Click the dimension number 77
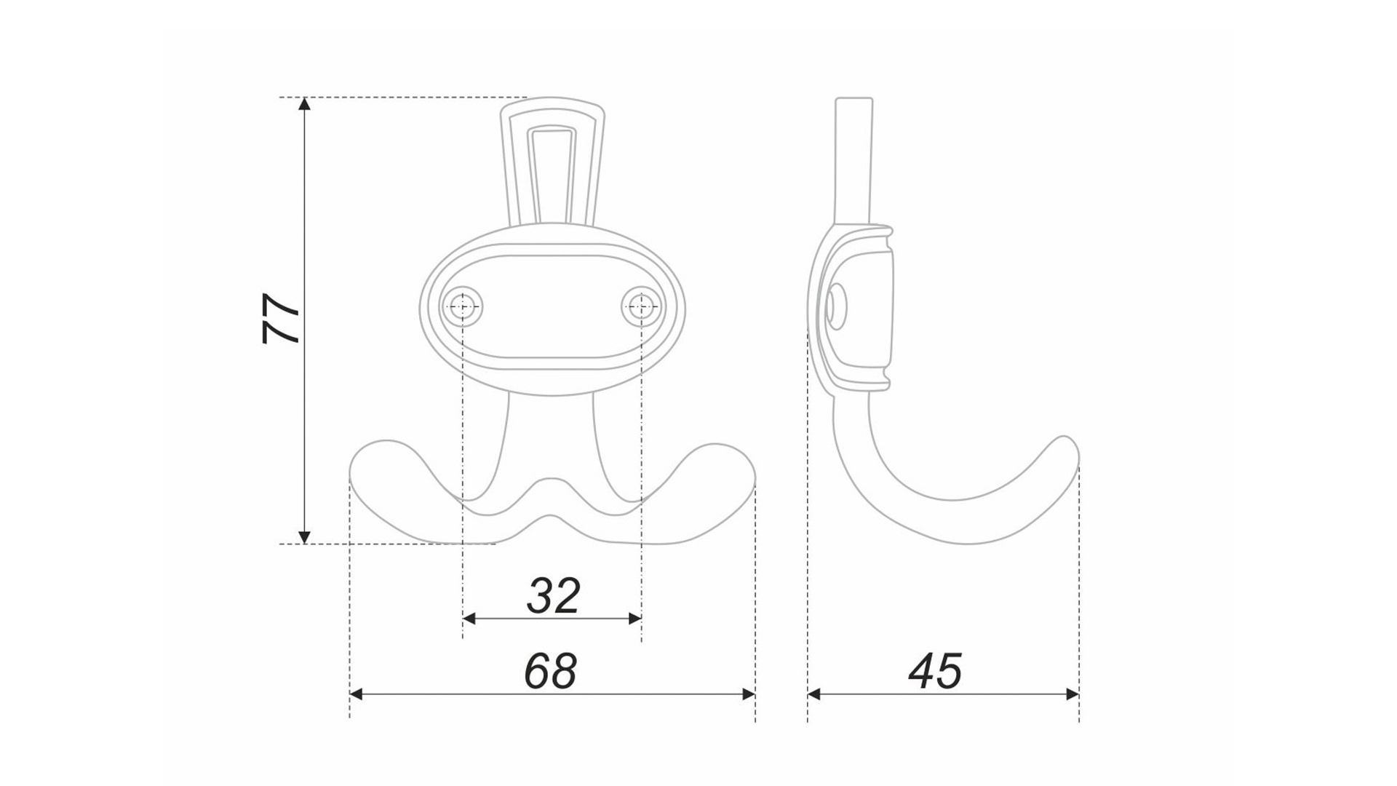coord(281,319)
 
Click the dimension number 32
coord(553,596)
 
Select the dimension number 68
coord(551,671)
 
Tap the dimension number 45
coord(935,671)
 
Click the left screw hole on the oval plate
coord(463,307)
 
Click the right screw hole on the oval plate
coord(641,307)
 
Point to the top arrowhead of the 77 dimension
coord(305,103)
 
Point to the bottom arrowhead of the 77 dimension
coord(305,537)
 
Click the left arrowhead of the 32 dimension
coord(469,619)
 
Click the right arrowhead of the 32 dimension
coord(634,619)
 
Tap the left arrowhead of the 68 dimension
coord(357,694)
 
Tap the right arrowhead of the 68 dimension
coord(748,694)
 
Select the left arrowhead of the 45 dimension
coord(814,694)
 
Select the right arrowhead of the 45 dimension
coord(1072,694)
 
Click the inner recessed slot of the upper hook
coord(553,175)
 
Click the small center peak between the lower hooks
coord(551,482)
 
